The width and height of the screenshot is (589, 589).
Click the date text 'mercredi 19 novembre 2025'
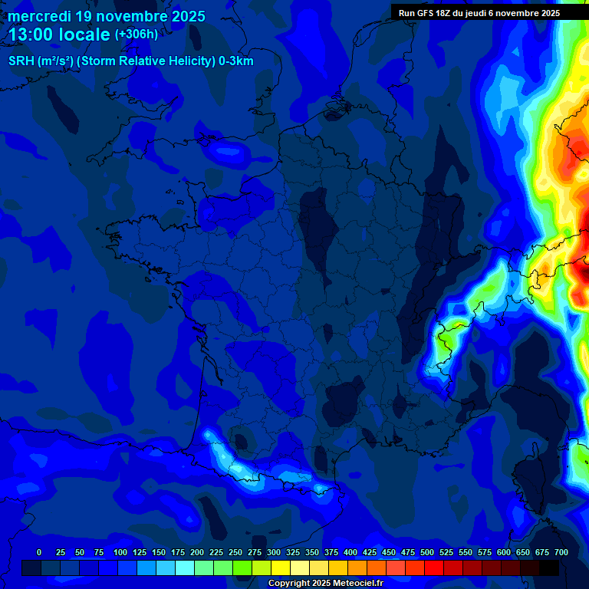point(107,16)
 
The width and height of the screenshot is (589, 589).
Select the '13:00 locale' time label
point(59,35)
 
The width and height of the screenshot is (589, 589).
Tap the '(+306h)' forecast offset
point(136,35)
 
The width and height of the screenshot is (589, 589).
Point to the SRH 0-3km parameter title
point(130,61)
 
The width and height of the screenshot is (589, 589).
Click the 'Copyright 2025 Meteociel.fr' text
point(325,584)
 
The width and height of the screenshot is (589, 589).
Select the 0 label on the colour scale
point(39,552)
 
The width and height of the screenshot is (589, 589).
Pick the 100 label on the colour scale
point(120,552)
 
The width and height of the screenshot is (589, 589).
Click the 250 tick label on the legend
point(235,552)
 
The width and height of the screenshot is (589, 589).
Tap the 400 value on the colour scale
point(350,552)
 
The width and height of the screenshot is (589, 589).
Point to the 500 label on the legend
point(427,552)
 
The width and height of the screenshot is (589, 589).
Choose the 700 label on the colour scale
point(561,552)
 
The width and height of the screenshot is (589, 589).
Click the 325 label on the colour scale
point(293,552)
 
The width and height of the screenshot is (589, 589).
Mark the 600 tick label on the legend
point(504,552)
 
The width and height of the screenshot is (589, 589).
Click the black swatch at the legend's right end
point(549,568)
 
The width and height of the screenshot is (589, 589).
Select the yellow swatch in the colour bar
point(281,568)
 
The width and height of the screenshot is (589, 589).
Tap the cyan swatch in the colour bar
point(185,568)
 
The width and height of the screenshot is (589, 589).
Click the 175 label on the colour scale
point(178,552)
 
